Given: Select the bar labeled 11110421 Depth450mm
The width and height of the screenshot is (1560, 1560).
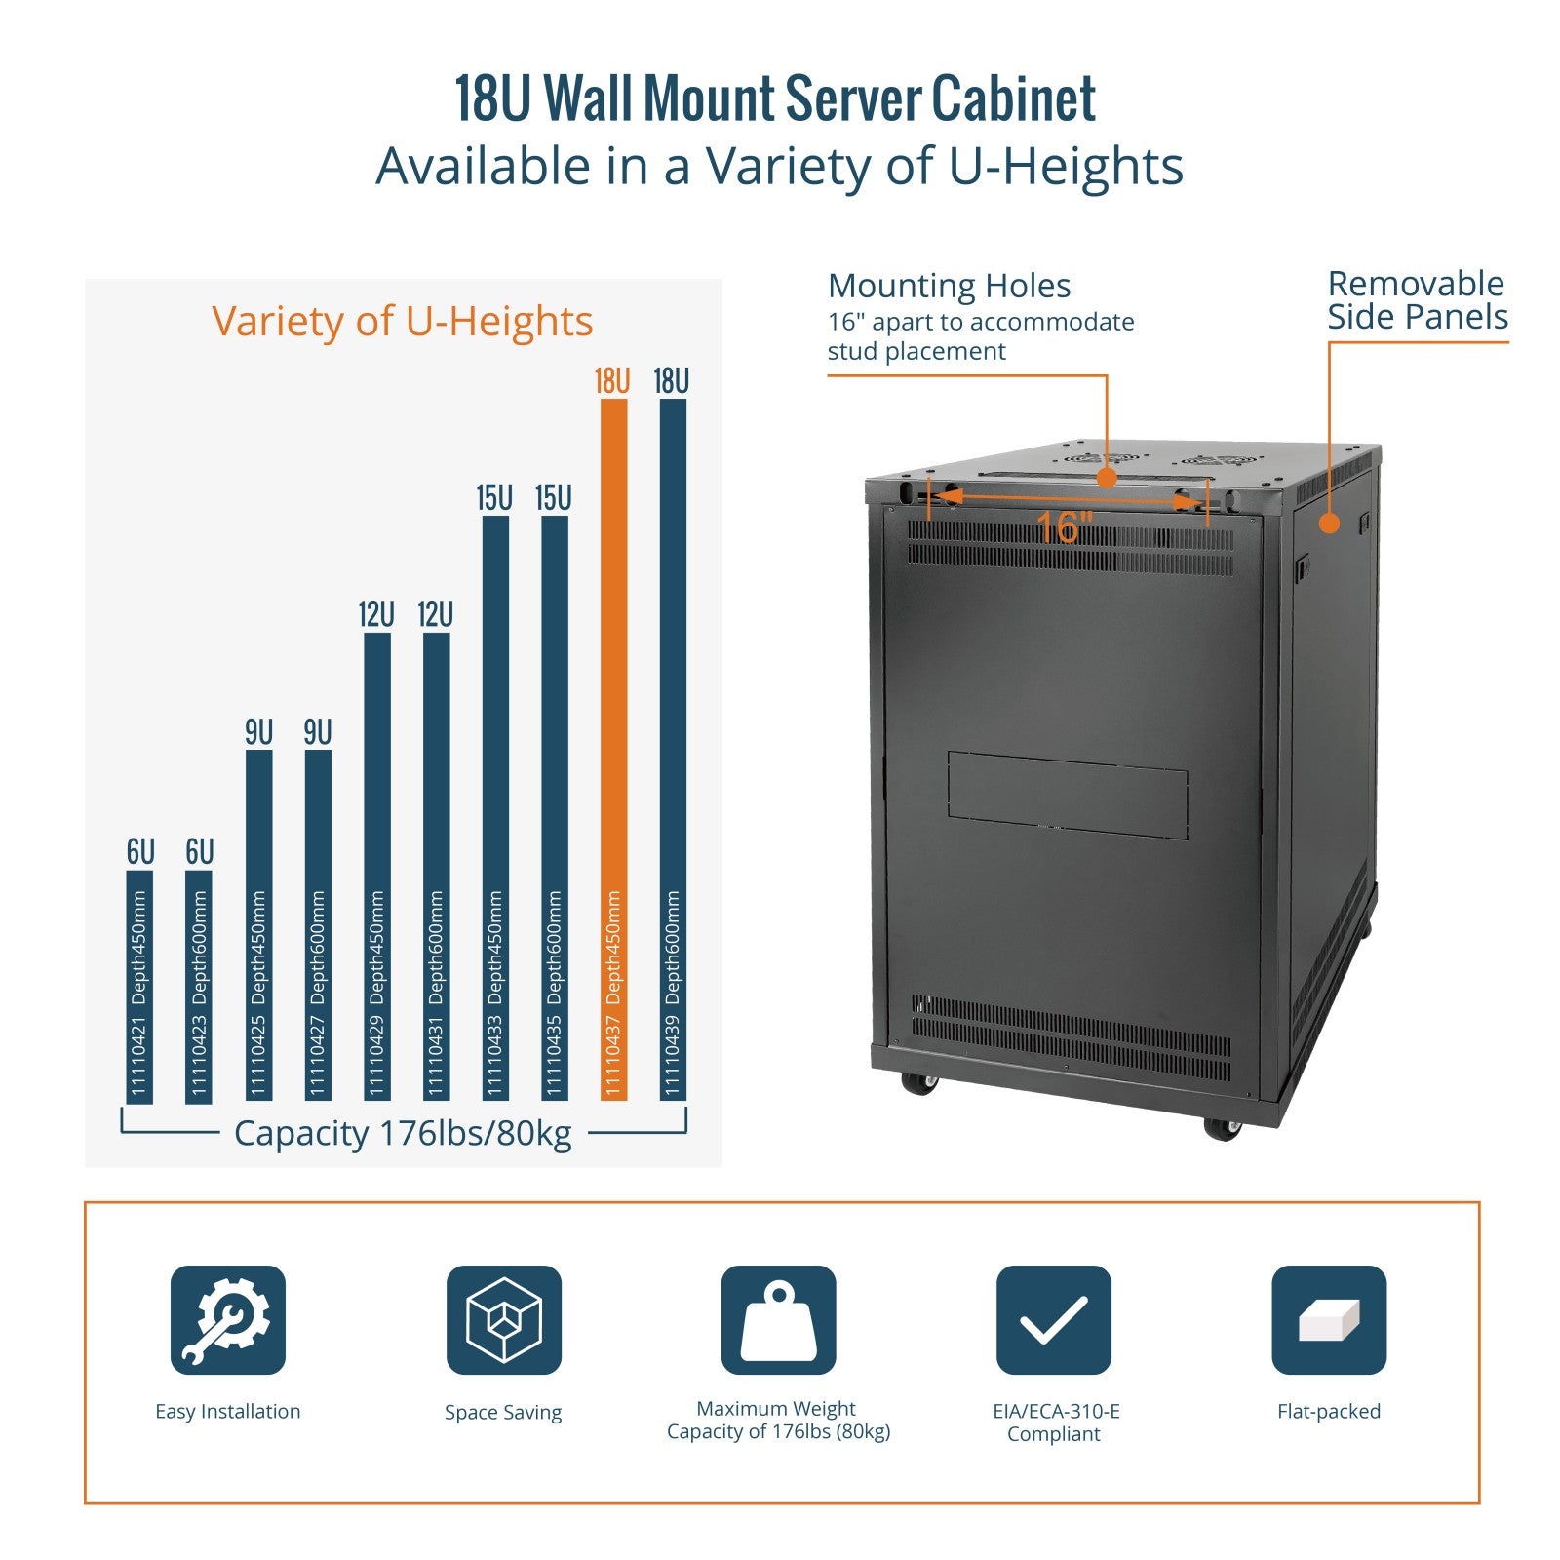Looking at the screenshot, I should tap(139, 985).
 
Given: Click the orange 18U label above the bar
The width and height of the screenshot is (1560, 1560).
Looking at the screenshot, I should tap(612, 381).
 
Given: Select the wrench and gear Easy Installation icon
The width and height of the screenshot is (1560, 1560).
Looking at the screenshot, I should tap(228, 1319).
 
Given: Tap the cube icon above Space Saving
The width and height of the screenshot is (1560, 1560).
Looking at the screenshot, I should tap(503, 1319).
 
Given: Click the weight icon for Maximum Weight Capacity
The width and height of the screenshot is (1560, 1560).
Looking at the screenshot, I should tap(778, 1319).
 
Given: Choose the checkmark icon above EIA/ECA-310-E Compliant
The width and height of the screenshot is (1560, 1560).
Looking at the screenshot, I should tap(1053, 1319).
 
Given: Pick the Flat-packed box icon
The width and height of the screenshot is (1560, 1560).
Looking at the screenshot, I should tap(1328, 1319).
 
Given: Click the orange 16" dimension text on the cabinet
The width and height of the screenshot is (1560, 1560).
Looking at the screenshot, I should tap(1064, 528).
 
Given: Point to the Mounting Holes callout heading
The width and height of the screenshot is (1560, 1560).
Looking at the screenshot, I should tap(949, 286).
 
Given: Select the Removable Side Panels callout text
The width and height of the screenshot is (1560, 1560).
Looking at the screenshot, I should tap(1417, 300).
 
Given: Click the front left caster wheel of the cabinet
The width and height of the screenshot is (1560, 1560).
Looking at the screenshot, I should tap(918, 1082).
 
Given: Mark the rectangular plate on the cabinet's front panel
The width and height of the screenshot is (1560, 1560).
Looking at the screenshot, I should tap(1067, 794).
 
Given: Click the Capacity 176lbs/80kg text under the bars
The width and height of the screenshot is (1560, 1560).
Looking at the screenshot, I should tap(403, 1134).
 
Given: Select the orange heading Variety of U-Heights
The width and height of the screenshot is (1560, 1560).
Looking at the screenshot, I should tap(402, 321).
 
